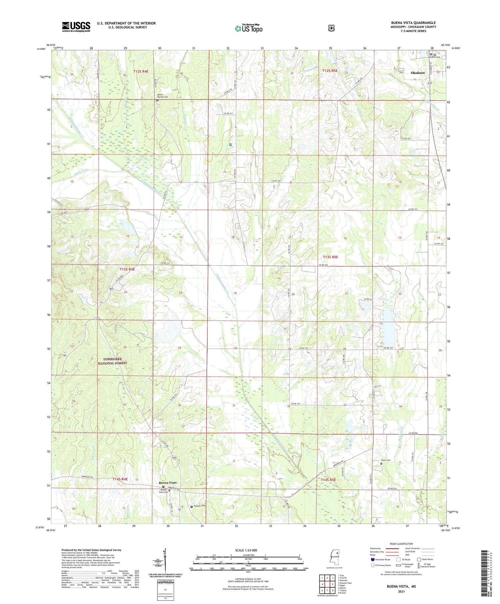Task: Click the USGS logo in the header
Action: point(76,27)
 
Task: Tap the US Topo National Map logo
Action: point(248,28)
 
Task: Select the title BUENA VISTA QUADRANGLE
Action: point(413,23)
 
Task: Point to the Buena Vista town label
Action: point(168,482)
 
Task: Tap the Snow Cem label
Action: point(386,460)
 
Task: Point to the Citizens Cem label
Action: point(434,57)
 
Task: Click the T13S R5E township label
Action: point(330,257)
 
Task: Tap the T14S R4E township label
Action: point(120,479)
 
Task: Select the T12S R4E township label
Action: point(141,71)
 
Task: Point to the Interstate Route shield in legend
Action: point(372,559)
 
